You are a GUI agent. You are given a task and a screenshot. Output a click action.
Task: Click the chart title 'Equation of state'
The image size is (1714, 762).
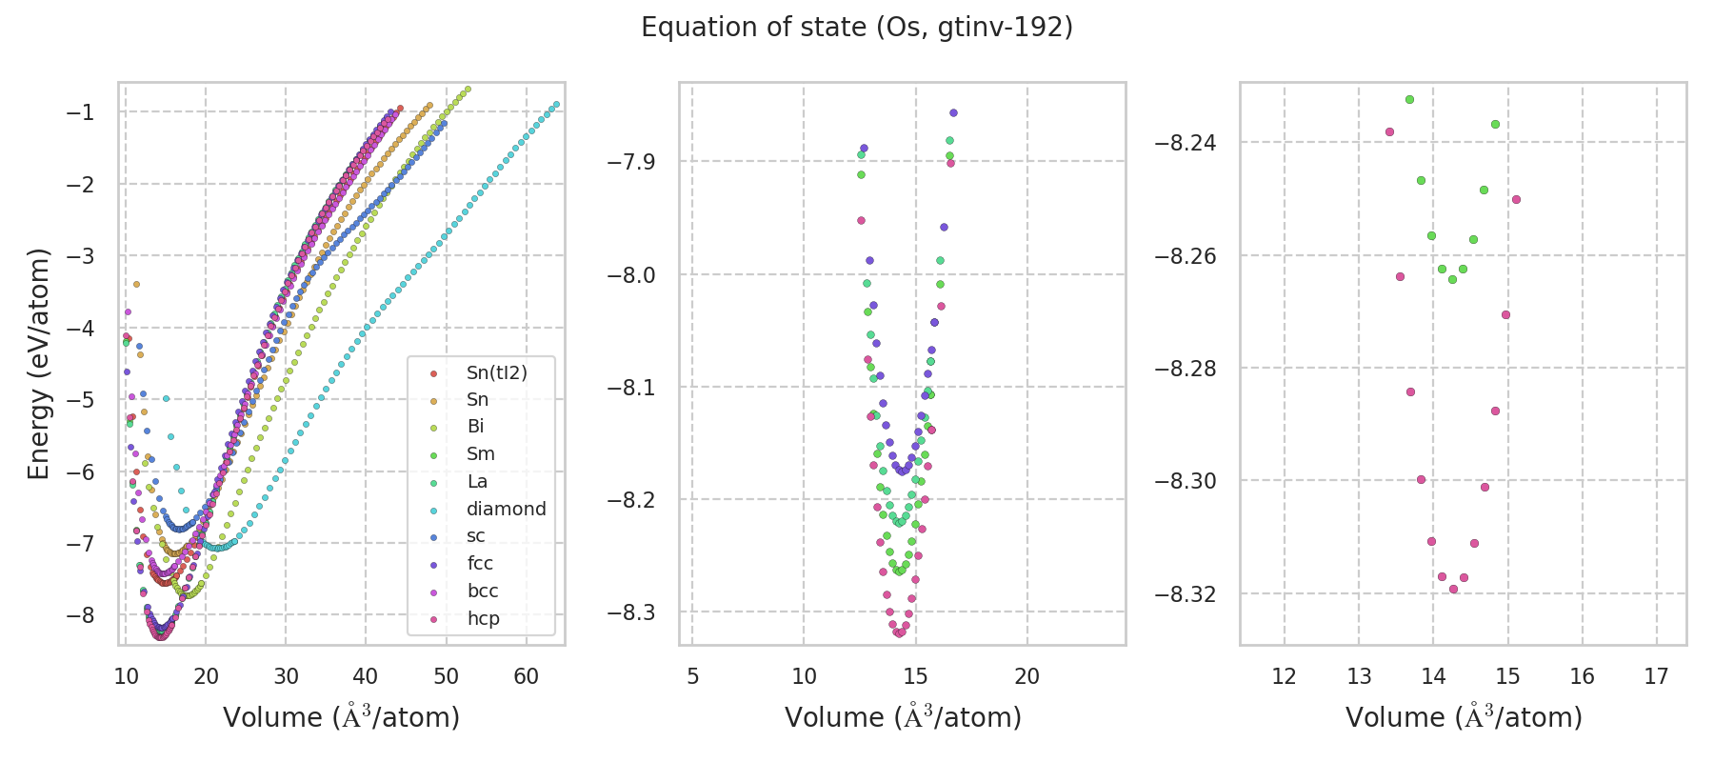click(x=856, y=28)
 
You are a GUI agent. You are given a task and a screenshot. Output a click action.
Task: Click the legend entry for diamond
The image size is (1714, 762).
click(x=506, y=509)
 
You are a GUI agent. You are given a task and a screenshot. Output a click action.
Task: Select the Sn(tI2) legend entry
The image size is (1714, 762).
click(x=496, y=372)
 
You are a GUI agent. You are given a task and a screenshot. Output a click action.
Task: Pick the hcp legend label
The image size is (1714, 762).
click(x=483, y=618)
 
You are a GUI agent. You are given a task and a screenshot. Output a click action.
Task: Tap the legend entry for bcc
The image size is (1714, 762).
click(x=483, y=591)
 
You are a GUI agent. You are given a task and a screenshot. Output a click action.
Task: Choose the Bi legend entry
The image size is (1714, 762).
click(x=475, y=427)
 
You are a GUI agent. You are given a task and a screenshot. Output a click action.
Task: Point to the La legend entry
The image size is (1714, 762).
click(x=476, y=481)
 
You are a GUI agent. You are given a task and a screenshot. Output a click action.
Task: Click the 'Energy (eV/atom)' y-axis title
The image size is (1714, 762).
click(x=38, y=363)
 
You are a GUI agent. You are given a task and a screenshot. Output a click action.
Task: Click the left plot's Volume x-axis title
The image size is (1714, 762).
click(x=341, y=717)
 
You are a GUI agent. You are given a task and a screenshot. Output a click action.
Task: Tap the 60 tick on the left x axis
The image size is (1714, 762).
click(x=526, y=676)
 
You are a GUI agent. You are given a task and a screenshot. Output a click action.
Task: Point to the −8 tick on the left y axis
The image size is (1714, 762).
click(x=80, y=614)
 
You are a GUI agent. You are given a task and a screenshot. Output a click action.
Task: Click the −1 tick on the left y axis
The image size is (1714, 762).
click(x=80, y=112)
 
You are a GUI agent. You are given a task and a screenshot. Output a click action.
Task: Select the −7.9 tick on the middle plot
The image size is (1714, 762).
click(x=631, y=161)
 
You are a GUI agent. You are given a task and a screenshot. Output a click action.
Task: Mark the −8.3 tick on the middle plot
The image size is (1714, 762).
click(x=631, y=612)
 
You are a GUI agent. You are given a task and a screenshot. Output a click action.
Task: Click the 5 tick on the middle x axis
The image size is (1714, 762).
click(x=692, y=676)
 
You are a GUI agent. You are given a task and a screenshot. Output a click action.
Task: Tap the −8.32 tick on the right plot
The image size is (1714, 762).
click(x=1185, y=593)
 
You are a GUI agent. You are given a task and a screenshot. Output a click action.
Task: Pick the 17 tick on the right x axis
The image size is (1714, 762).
click(x=1656, y=676)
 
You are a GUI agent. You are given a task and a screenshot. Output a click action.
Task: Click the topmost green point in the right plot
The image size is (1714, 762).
click(x=1409, y=99)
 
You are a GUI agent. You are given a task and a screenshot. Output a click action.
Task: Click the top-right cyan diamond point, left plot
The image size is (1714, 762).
click(x=556, y=104)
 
